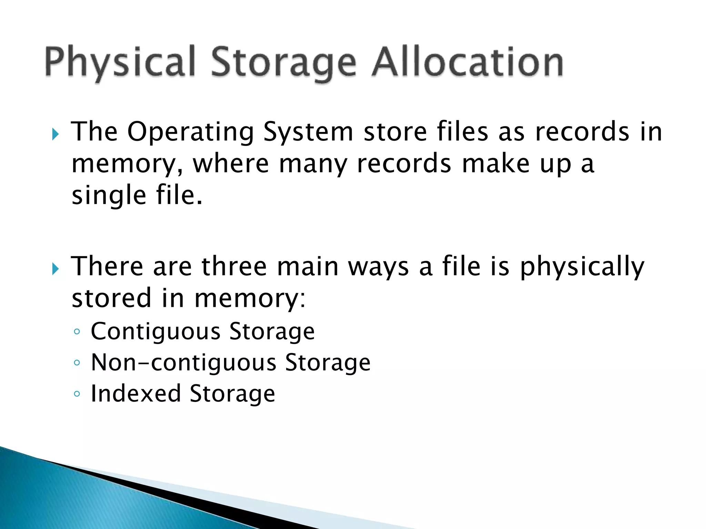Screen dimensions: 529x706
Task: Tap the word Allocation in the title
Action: pyautogui.click(x=467, y=62)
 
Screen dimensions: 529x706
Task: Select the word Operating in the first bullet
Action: pyautogui.click(x=191, y=132)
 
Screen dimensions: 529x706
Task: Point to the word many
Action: pyautogui.click(x=313, y=165)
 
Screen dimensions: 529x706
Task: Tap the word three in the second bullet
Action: pyautogui.click(x=234, y=267)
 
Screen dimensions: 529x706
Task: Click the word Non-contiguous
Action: pyautogui.click(x=183, y=363)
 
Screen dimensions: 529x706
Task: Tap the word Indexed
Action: pyautogui.click(x=135, y=394)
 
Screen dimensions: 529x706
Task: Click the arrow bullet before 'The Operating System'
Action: pyautogui.click(x=55, y=134)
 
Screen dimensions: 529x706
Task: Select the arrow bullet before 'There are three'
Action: pyautogui.click(x=55, y=269)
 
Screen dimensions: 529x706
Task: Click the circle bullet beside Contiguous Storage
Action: pyautogui.click(x=77, y=332)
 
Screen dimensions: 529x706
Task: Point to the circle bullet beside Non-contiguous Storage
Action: pyautogui.click(x=77, y=363)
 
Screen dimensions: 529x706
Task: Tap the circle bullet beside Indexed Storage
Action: pyautogui.click(x=77, y=394)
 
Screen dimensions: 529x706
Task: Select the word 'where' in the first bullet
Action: pyautogui.click(x=231, y=164)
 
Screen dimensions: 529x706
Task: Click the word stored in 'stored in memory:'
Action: pyautogui.click(x=111, y=298)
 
